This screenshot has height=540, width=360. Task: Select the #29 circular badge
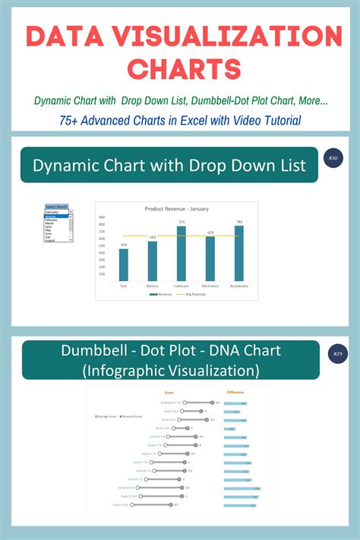click(x=335, y=355)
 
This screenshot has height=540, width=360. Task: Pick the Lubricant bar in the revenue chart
click(x=181, y=254)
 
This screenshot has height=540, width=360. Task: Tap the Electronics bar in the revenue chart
click(x=210, y=259)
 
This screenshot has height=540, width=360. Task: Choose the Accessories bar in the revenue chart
click(x=239, y=254)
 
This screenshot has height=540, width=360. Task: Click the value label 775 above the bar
click(x=181, y=222)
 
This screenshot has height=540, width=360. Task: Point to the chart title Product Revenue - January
click(x=177, y=208)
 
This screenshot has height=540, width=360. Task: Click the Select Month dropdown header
click(x=58, y=207)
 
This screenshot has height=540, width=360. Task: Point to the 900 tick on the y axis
click(x=101, y=216)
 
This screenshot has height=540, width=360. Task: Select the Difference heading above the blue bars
click(x=236, y=393)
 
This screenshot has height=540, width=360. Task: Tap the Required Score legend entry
click(x=131, y=417)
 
